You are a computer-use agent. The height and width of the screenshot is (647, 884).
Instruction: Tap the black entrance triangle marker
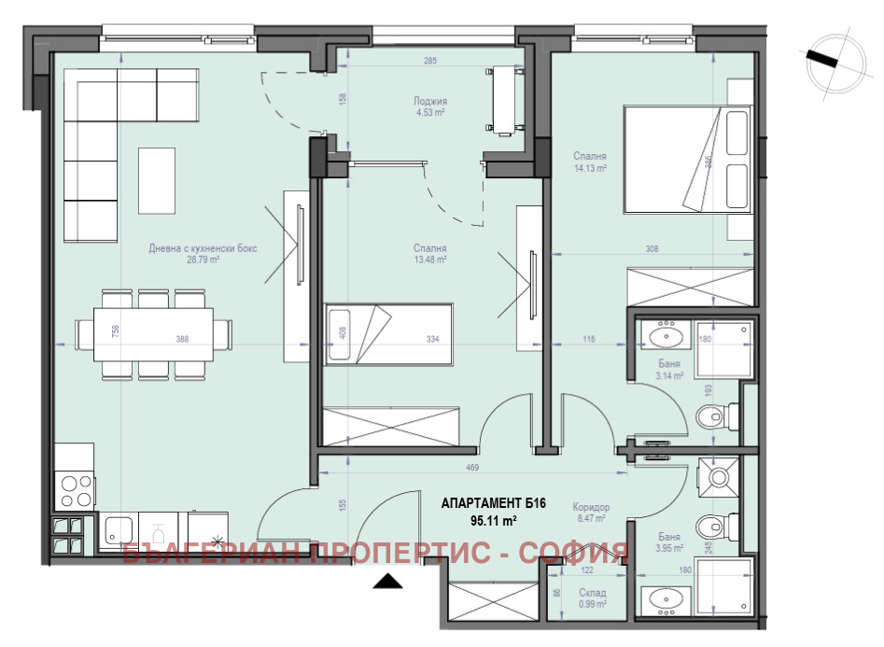click(x=387, y=583)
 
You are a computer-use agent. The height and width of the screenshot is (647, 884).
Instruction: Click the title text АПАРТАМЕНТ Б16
click(x=492, y=504)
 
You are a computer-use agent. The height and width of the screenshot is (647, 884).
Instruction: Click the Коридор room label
click(x=591, y=506)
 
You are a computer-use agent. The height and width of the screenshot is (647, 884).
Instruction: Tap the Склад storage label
click(x=592, y=593)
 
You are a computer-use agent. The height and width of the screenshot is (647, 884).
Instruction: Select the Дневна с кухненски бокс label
click(x=203, y=248)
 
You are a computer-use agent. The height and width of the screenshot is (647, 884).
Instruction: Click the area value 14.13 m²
click(x=591, y=169)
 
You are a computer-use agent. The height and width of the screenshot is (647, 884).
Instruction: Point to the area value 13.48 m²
click(x=430, y=260)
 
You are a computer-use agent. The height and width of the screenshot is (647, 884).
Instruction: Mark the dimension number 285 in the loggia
click(x=430, y=61)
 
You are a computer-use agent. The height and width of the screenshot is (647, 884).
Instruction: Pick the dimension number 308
click(x=652, y=249)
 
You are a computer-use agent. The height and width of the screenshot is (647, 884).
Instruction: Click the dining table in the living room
click(x=154, y=333)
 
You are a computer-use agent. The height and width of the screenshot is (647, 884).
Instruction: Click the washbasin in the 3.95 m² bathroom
click(x=665, y=600)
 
